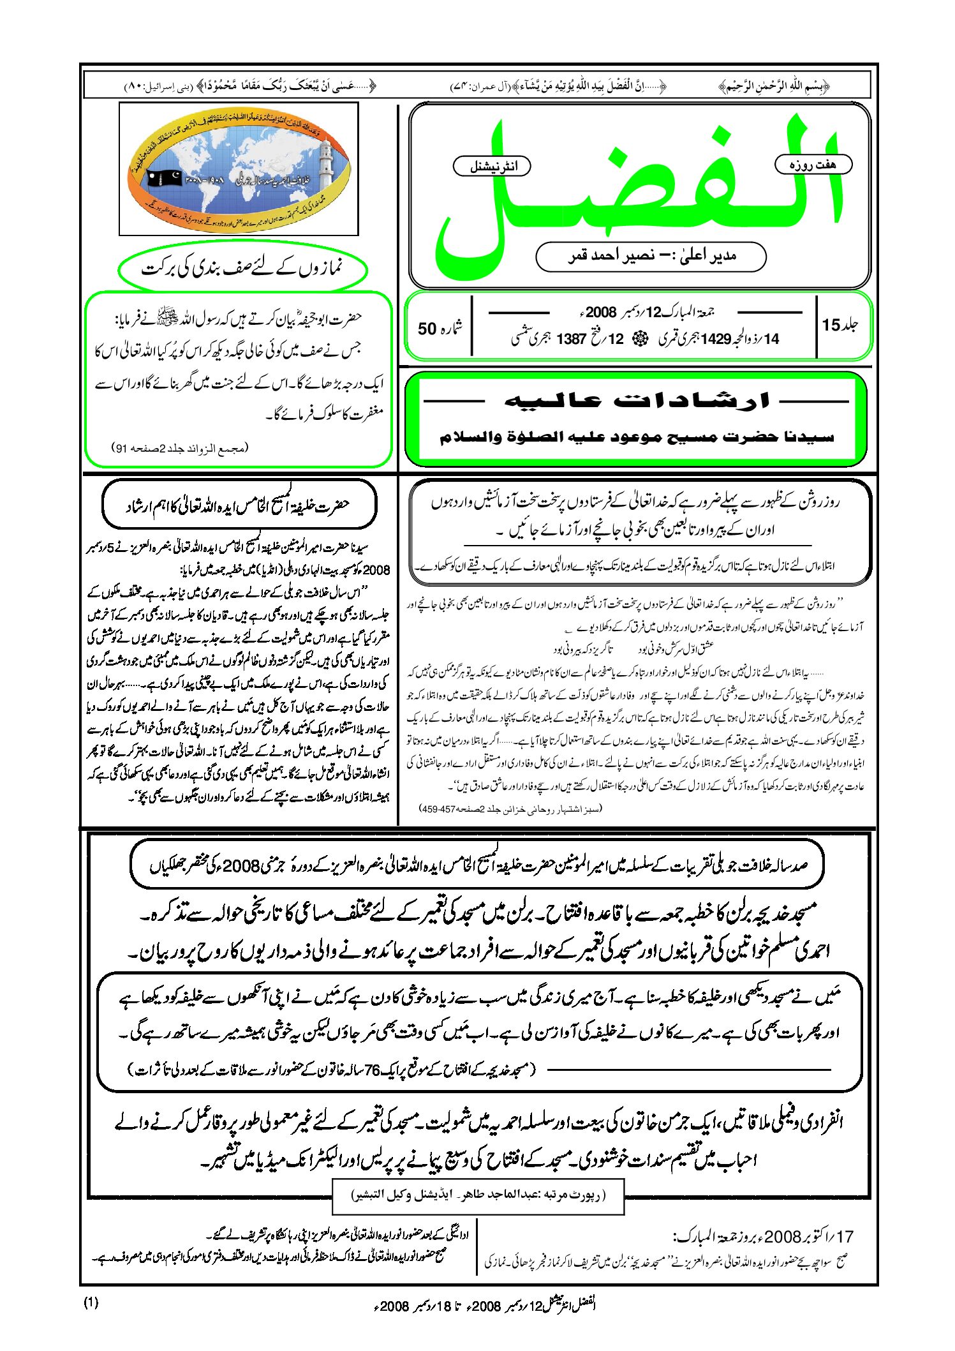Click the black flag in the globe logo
(165, 178)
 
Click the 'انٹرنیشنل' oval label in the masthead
(492, 167)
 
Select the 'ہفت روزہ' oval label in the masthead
(813, 165)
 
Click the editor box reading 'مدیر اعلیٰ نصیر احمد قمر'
(651, 257)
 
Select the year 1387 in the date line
(571, 339)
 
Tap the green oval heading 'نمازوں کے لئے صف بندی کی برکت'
(242, 269)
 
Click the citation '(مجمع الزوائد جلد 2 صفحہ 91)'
(180, 448)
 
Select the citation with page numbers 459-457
(510, 809)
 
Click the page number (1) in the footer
(91, 1302)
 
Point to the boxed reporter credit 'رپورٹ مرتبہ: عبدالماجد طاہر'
(478, 1195)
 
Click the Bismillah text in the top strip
(774, 85)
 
